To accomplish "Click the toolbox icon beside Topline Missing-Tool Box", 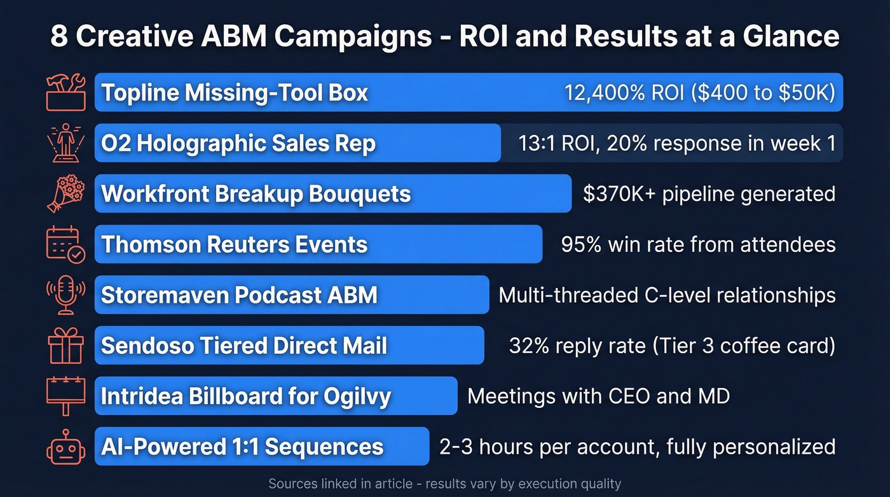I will (65, 92).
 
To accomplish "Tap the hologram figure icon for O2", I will (65, 143).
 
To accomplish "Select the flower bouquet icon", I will (65, 193).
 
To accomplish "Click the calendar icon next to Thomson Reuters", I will (65, 244).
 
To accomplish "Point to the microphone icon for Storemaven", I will (65, 295).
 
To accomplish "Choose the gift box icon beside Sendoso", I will (65, 345).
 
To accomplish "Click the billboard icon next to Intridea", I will (65, 395).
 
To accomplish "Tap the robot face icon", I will (65, 446).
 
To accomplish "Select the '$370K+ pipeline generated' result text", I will (709, 193).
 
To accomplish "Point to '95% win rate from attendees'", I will (698, 244).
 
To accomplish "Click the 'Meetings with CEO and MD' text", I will (598, 396).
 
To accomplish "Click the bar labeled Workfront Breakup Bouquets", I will (333, 193).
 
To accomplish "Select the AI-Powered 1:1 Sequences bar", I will (262, 446).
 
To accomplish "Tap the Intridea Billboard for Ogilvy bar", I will (276, 396).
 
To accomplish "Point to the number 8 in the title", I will (58, 36).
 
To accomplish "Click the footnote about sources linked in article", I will (444, 484).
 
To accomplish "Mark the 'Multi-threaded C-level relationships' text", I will (667, 295).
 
